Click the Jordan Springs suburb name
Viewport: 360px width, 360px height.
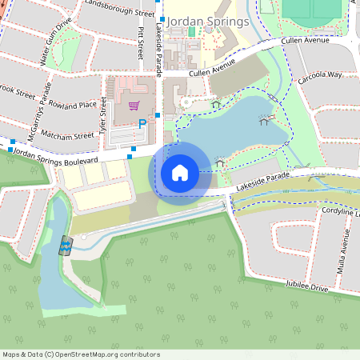click(207, 20)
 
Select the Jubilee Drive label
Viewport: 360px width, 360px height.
click(308, 286)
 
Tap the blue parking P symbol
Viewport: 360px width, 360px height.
click(142, 124)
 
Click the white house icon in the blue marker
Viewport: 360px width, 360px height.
click(180, 172)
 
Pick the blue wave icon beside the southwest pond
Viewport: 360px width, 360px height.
click(65, 245)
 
